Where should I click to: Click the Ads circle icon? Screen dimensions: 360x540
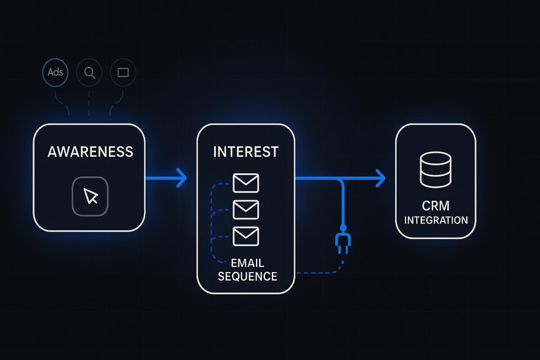tap(55, 72)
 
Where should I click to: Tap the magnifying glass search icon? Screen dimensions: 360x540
tap(89, 72)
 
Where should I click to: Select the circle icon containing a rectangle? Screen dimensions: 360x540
tap(123, 72)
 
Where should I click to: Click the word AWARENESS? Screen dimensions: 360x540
tap(90, 152)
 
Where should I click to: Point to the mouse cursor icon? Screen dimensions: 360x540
tap(90, 196)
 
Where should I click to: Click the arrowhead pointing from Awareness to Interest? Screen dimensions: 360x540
tap(181, 178)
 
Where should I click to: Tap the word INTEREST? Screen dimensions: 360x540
tap(246, 152)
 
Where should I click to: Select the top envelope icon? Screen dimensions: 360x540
tap(246, 183)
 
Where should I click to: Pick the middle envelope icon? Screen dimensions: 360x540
tap(246, 210)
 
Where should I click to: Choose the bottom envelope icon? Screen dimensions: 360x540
tap(246, 236)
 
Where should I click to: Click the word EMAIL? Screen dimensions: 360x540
tap(247, 263)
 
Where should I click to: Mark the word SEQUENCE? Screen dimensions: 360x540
tap(247, 276)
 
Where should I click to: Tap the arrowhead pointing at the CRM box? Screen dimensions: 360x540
tap(380, 178)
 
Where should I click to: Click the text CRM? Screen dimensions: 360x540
tap(436, 206)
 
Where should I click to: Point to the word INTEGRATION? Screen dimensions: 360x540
tap(436, 220)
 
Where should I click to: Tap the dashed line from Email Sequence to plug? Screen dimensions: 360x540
tap(316, 272)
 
